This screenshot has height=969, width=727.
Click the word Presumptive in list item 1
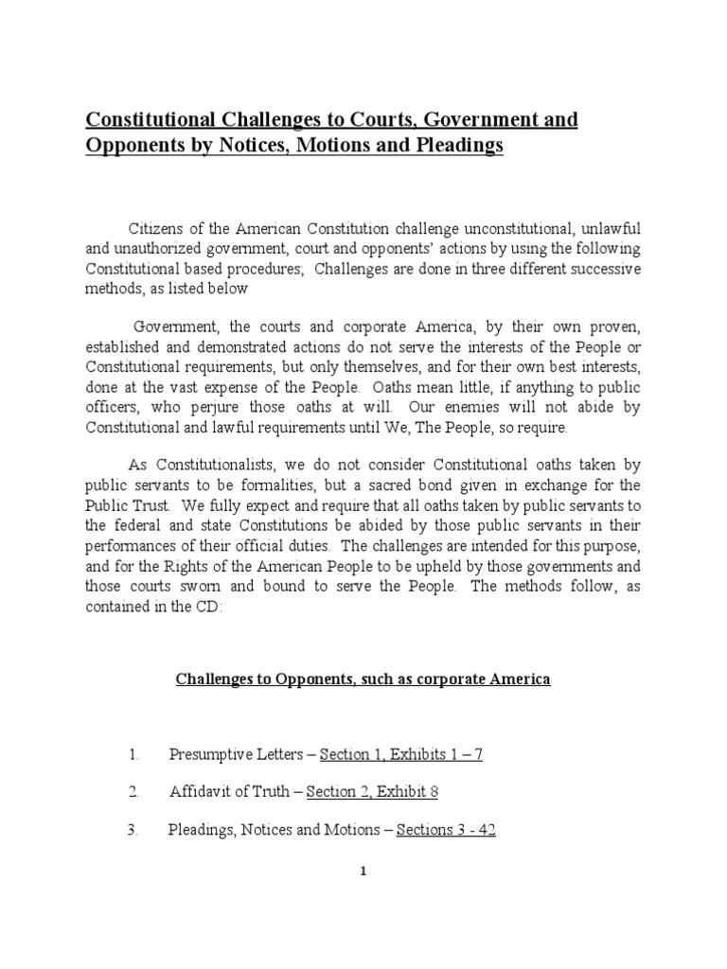(x=210, y=754)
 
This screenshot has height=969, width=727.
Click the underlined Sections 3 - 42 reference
(x=446, y=830)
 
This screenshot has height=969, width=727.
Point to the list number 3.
(x=132, y=830)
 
